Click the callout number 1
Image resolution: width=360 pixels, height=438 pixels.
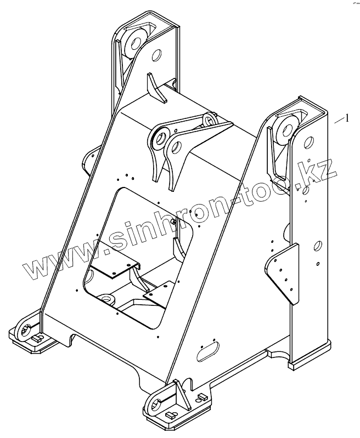346,117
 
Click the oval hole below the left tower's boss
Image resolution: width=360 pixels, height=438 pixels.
156,55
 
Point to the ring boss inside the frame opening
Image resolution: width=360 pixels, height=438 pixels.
105,299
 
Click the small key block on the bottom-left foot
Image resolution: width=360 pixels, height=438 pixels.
37,340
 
